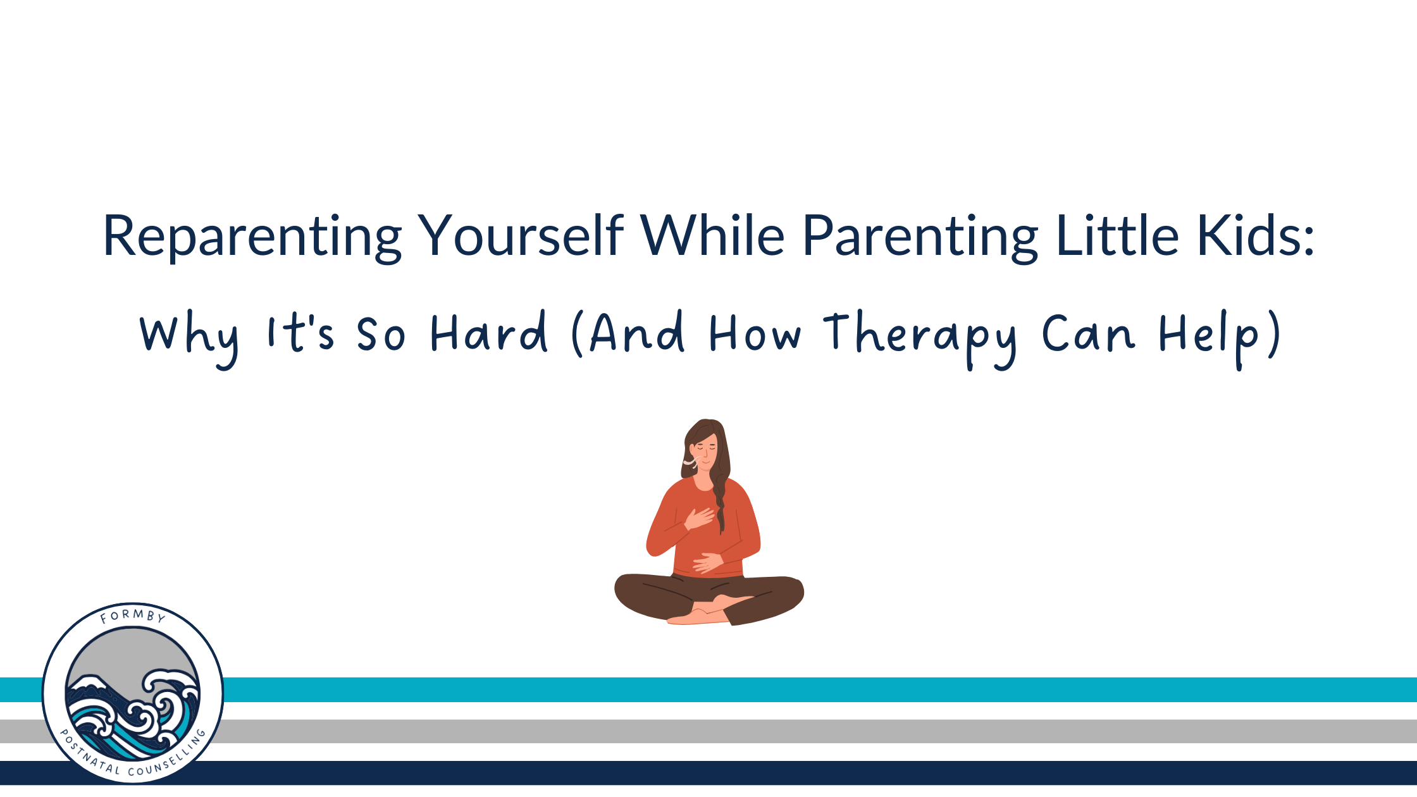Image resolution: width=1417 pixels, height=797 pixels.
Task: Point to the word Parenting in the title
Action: tap(920, 237)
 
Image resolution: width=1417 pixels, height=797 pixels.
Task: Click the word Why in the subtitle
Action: tap(189, 338)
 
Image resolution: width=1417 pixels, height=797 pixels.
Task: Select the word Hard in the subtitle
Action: tap(488, 331)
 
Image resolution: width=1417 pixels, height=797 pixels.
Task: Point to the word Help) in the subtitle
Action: tap(1220, 338)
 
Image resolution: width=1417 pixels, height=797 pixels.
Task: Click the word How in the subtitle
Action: tap(755, 333)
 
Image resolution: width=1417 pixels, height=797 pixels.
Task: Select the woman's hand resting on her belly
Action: tap(708, 562)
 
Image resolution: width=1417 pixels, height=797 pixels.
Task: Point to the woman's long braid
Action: tap(720, 500)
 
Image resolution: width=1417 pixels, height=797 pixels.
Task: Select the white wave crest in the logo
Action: tap(170, 690)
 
